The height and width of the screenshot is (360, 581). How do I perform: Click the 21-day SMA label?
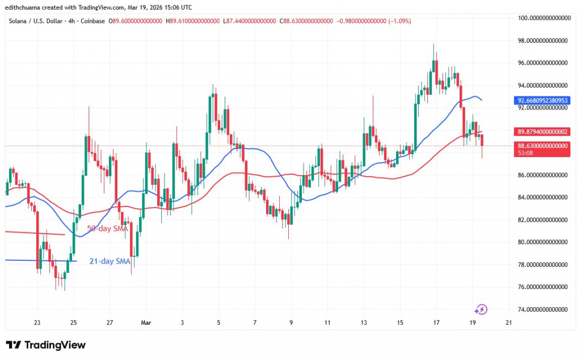pos(110,261)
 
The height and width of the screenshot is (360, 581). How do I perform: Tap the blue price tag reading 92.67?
pos(542,101)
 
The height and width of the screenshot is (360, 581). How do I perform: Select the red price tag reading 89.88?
pos(542,132)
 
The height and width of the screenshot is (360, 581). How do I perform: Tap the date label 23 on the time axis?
pos(37,323)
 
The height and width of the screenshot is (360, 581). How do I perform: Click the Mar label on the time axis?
pos(146,323)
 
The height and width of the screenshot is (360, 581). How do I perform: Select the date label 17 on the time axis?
pos(436,323)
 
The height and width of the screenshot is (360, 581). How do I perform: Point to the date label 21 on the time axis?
pos(509,323)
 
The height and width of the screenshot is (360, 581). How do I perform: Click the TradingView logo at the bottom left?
pos(45,345)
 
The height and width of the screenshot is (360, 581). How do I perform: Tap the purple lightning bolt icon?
pos(481,309)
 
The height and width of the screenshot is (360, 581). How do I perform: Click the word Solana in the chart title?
pos(20,22)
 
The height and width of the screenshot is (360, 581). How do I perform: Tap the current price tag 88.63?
pos(542,146)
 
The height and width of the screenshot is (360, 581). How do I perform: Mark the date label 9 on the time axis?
pos(291,323)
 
